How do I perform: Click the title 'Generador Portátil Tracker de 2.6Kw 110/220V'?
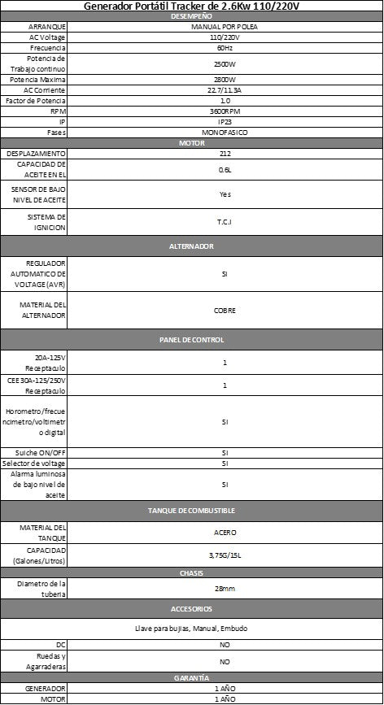tap(192, 7)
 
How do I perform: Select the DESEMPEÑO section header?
tap(192, 16)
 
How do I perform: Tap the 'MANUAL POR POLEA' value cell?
tap(225, 27)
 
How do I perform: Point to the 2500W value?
tap(225, 63)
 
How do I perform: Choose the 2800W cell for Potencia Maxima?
tap(225, 80)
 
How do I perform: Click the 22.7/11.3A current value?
tap(225, 90)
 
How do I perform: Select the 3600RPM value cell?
tap(225, 111)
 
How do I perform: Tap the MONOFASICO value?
tap(225, 132)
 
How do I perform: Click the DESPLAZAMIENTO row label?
tap(33, 153)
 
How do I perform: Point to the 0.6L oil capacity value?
tap(225, 170)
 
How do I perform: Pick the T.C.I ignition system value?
tap(225, 222)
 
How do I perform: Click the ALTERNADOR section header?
tap(192, 245)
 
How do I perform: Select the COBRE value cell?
tap(225, 310)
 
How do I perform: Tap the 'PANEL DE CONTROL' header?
tap(192, 339)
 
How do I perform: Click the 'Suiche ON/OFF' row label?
tap(33, 452)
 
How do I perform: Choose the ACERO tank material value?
tap(225, 533)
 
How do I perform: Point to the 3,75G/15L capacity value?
tap(225, 556)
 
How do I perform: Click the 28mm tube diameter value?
tap(225, 588)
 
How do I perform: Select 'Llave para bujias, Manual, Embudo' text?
tap(192, 629)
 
